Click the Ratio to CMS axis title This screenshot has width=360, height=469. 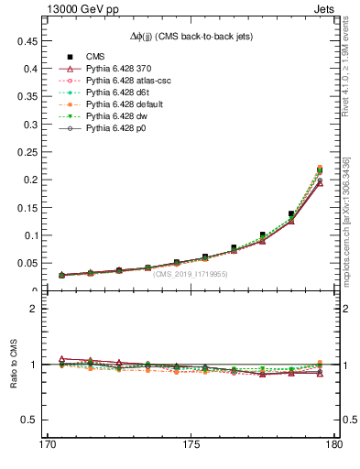coord(13,365)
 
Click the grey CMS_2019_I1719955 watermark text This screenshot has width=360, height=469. coord(191,274)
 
